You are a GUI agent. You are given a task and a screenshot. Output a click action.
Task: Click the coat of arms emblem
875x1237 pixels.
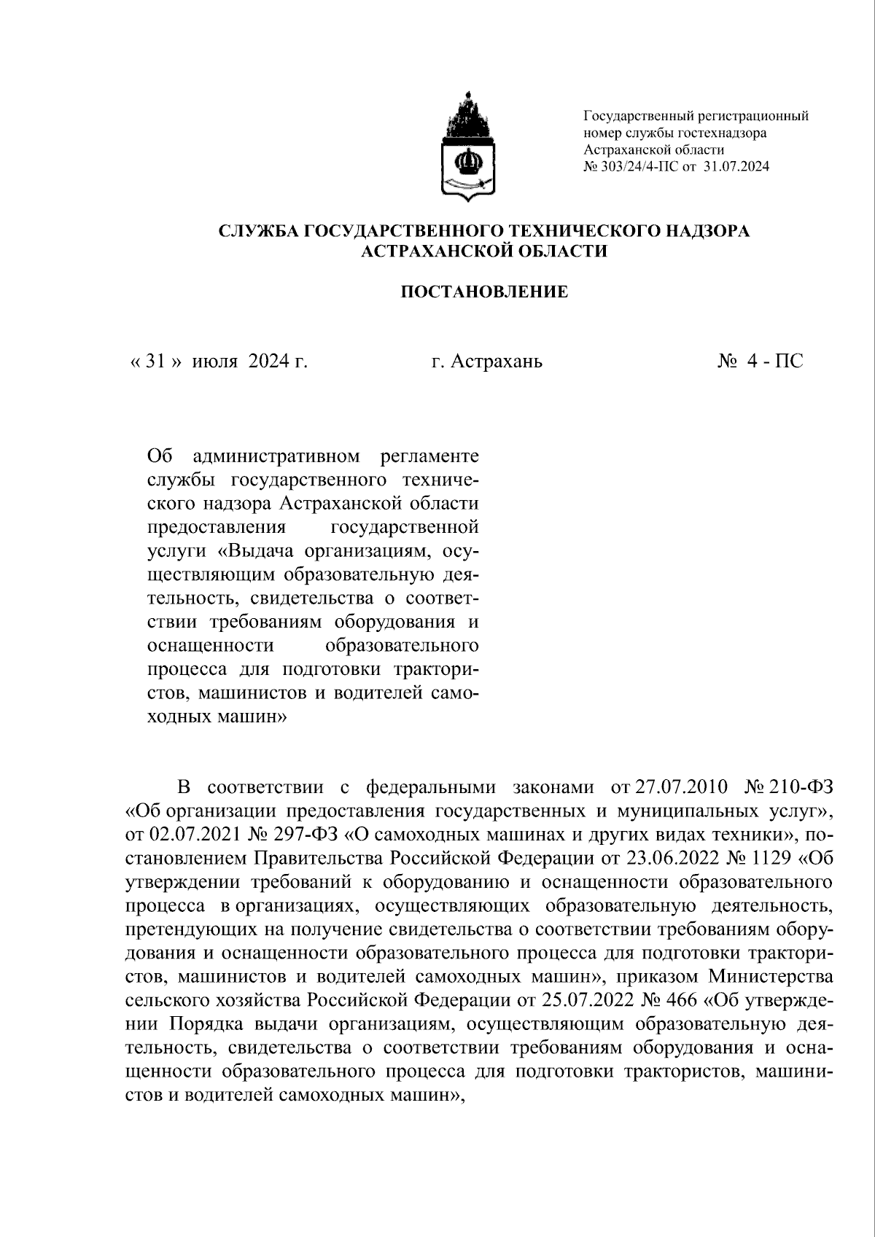tap(467, 147)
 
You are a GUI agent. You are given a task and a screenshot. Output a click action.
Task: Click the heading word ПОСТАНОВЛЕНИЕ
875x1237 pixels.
tap(484, 293)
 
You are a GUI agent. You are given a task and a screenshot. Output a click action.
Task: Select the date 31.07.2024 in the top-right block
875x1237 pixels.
tap(737, 166)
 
